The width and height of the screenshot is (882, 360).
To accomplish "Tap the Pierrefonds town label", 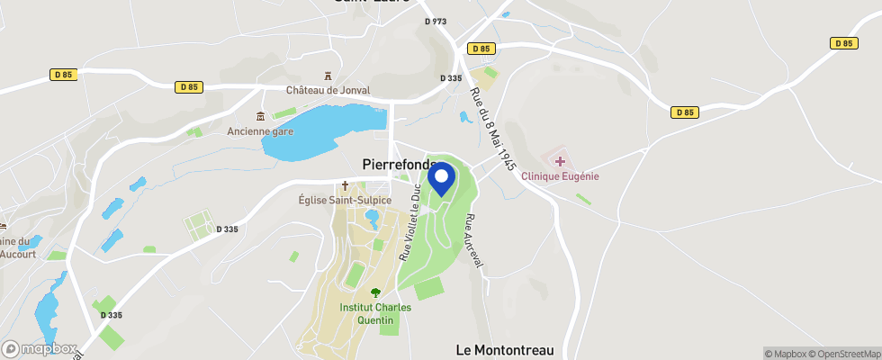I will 398,165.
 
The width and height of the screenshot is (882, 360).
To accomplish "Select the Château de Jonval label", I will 328,90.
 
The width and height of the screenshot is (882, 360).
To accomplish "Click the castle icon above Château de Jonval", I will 328,76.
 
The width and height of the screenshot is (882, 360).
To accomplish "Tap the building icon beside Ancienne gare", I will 260,116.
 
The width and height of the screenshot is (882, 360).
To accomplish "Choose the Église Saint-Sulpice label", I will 345,200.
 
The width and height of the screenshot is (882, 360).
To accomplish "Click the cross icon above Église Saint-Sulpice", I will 344,185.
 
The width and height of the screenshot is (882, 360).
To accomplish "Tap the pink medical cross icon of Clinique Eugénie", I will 560,161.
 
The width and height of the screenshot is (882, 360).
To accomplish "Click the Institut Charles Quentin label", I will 375,313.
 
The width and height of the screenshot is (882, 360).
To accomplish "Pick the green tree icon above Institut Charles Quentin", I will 375,292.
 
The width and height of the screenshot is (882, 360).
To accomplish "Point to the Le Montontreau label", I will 504,349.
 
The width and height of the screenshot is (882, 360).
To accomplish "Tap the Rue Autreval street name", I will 474,240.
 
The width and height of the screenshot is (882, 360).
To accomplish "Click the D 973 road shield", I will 435,21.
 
